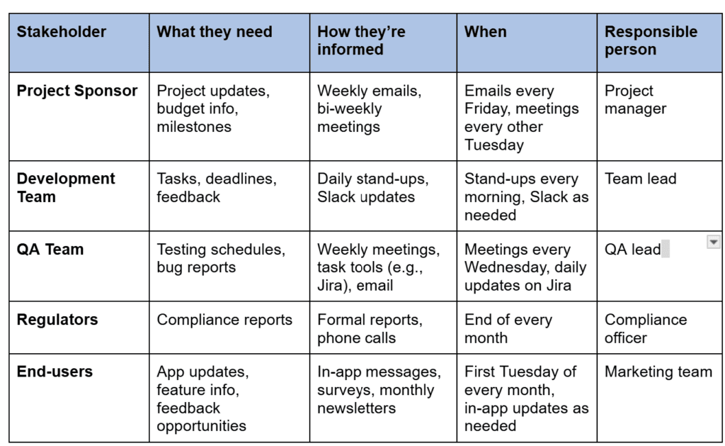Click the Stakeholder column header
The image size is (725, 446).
[x=62, y=32]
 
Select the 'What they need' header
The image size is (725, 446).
[x=215, y=32]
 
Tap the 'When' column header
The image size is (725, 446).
[x=486, y=32]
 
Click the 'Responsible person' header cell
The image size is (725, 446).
[x=651, y=40]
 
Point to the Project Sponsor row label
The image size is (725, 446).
[x=77, y=91]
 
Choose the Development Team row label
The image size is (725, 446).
[x=66, y=188]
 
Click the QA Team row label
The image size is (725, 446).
[x=50, y=250]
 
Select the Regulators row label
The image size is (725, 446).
[x=57, y=320]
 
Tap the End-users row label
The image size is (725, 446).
[x=55, y=372]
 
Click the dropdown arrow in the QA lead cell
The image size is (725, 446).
[x=714, y=242]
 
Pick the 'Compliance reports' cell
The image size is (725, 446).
[x=224, y=320]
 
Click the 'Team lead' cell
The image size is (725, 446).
[x=641, y=179]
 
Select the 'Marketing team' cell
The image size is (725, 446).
[x=658, y=372]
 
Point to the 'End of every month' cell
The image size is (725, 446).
[x=508, y=329]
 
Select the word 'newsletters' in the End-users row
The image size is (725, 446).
[x=357, y=408]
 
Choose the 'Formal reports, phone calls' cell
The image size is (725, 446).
[x=370, y=329]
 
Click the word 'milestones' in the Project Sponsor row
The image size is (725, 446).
[x=194, y=127]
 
